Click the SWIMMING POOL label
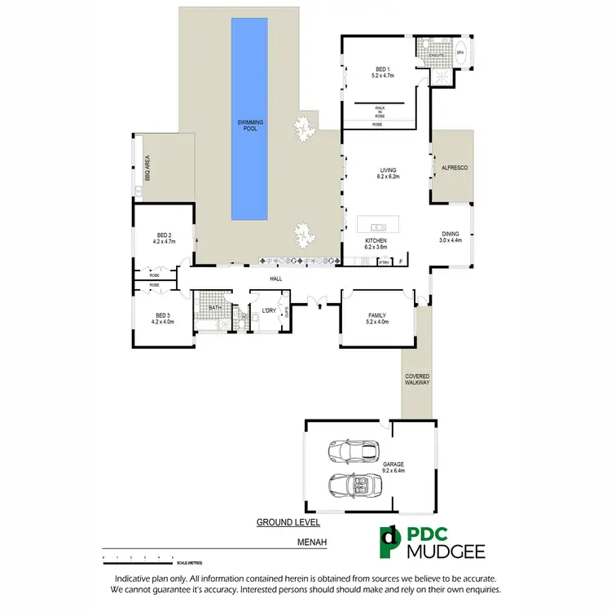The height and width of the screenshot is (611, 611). coord(249,125)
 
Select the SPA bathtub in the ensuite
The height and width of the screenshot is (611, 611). coord(459,53)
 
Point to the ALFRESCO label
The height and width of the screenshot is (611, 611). coord(453,167)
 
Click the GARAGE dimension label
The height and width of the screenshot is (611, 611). coord(393,468)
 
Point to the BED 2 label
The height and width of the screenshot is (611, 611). coord(164,239)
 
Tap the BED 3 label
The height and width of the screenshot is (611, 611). coord(163,318)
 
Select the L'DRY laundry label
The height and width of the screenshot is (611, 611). coord(268,310)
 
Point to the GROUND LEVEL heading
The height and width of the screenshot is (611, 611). coord(288,522)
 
